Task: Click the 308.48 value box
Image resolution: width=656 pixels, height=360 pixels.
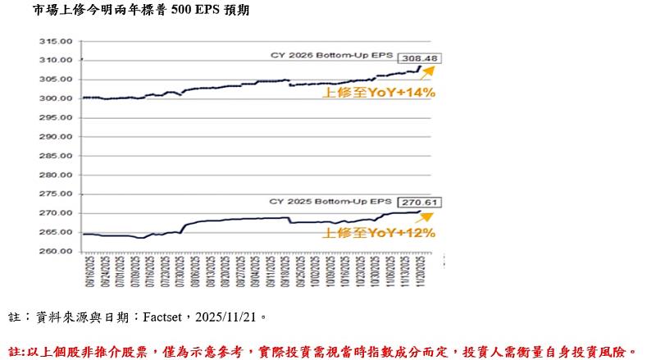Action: pos(418,58)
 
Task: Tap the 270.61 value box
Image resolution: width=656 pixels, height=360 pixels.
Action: pos(418,201)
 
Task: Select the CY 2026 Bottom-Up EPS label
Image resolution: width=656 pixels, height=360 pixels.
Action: pos(332,56)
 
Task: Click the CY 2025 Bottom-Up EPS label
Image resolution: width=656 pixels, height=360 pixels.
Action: pos(332,201)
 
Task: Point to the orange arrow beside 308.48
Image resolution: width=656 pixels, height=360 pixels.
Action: pos(426,72)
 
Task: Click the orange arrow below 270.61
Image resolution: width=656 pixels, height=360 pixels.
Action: pos(425,217)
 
